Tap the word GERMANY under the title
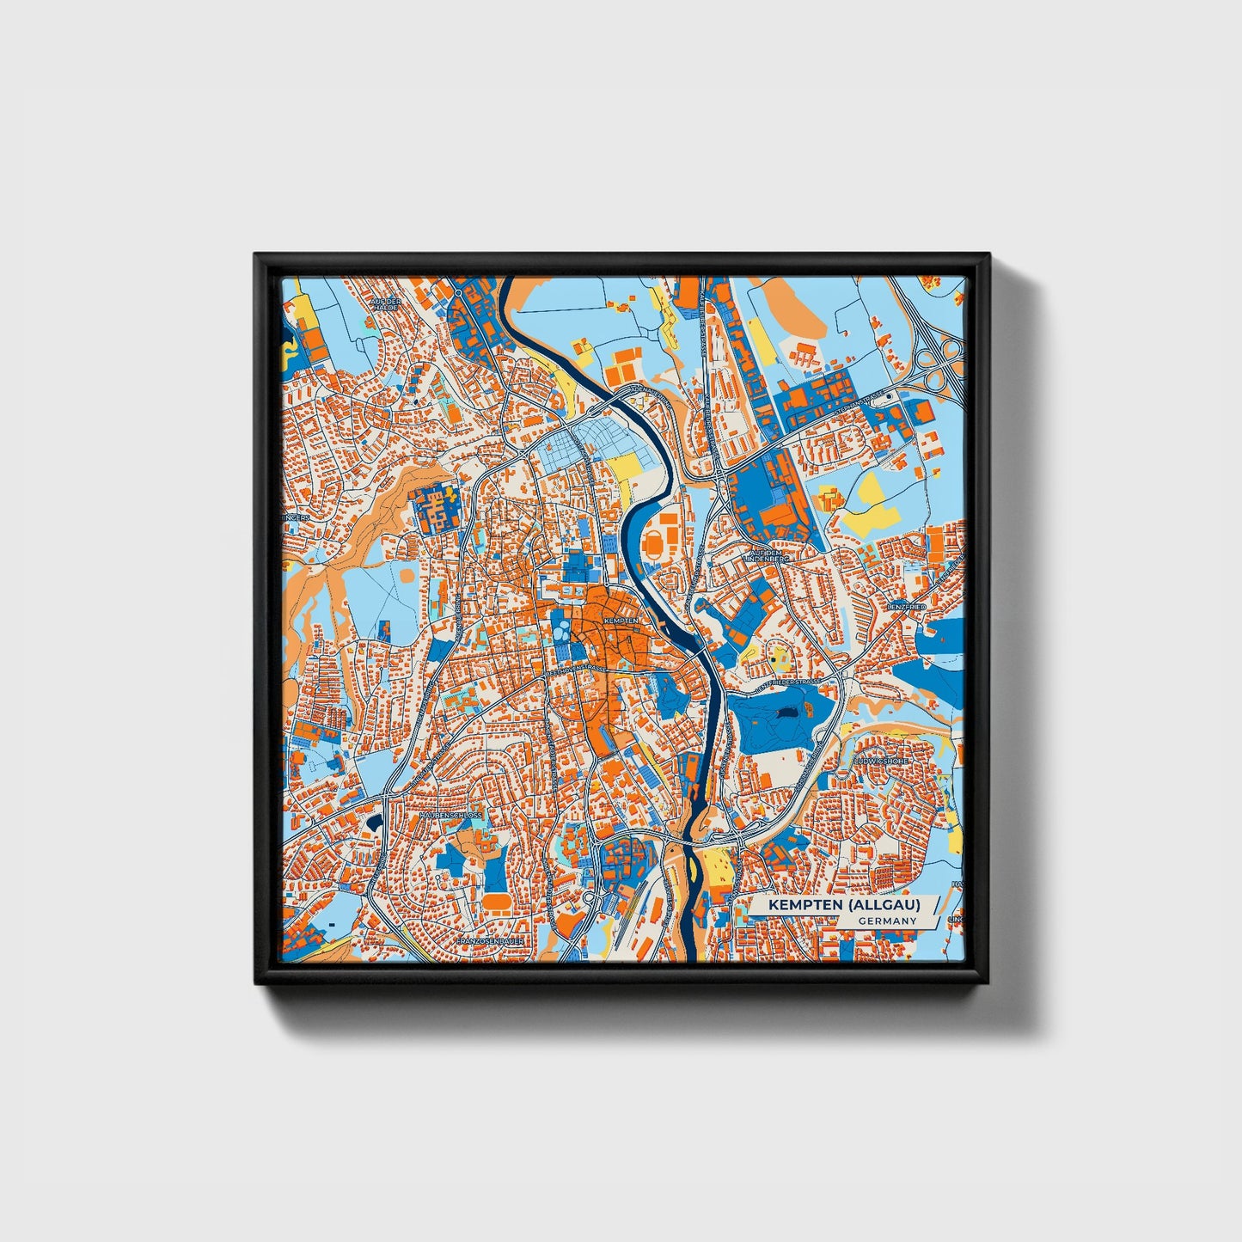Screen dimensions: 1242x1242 (887, 921)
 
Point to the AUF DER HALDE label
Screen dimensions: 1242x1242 (386, 305)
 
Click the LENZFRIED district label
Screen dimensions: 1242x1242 (903, 607)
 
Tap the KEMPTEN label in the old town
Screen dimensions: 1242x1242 (621, 620)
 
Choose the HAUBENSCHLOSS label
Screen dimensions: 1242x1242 (451, 814)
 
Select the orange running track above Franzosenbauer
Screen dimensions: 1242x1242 (496, 902)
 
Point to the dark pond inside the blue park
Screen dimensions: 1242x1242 (786, 713)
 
